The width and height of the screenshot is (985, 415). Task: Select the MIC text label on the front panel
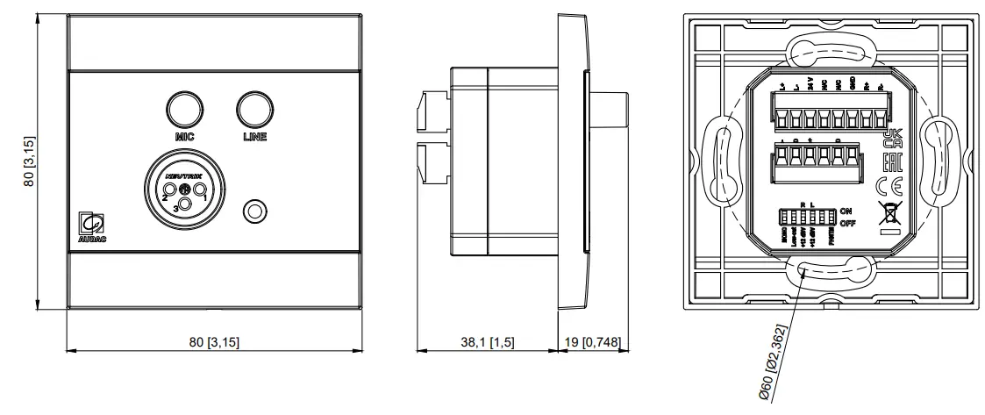pos(184,137)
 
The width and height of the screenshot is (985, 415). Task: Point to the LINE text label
pos(254,137)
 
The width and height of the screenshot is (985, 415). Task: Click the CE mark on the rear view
pos(887,185)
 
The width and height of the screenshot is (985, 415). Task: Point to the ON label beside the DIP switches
pos(846,211)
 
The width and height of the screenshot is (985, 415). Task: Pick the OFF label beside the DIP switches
pos(846,225)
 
